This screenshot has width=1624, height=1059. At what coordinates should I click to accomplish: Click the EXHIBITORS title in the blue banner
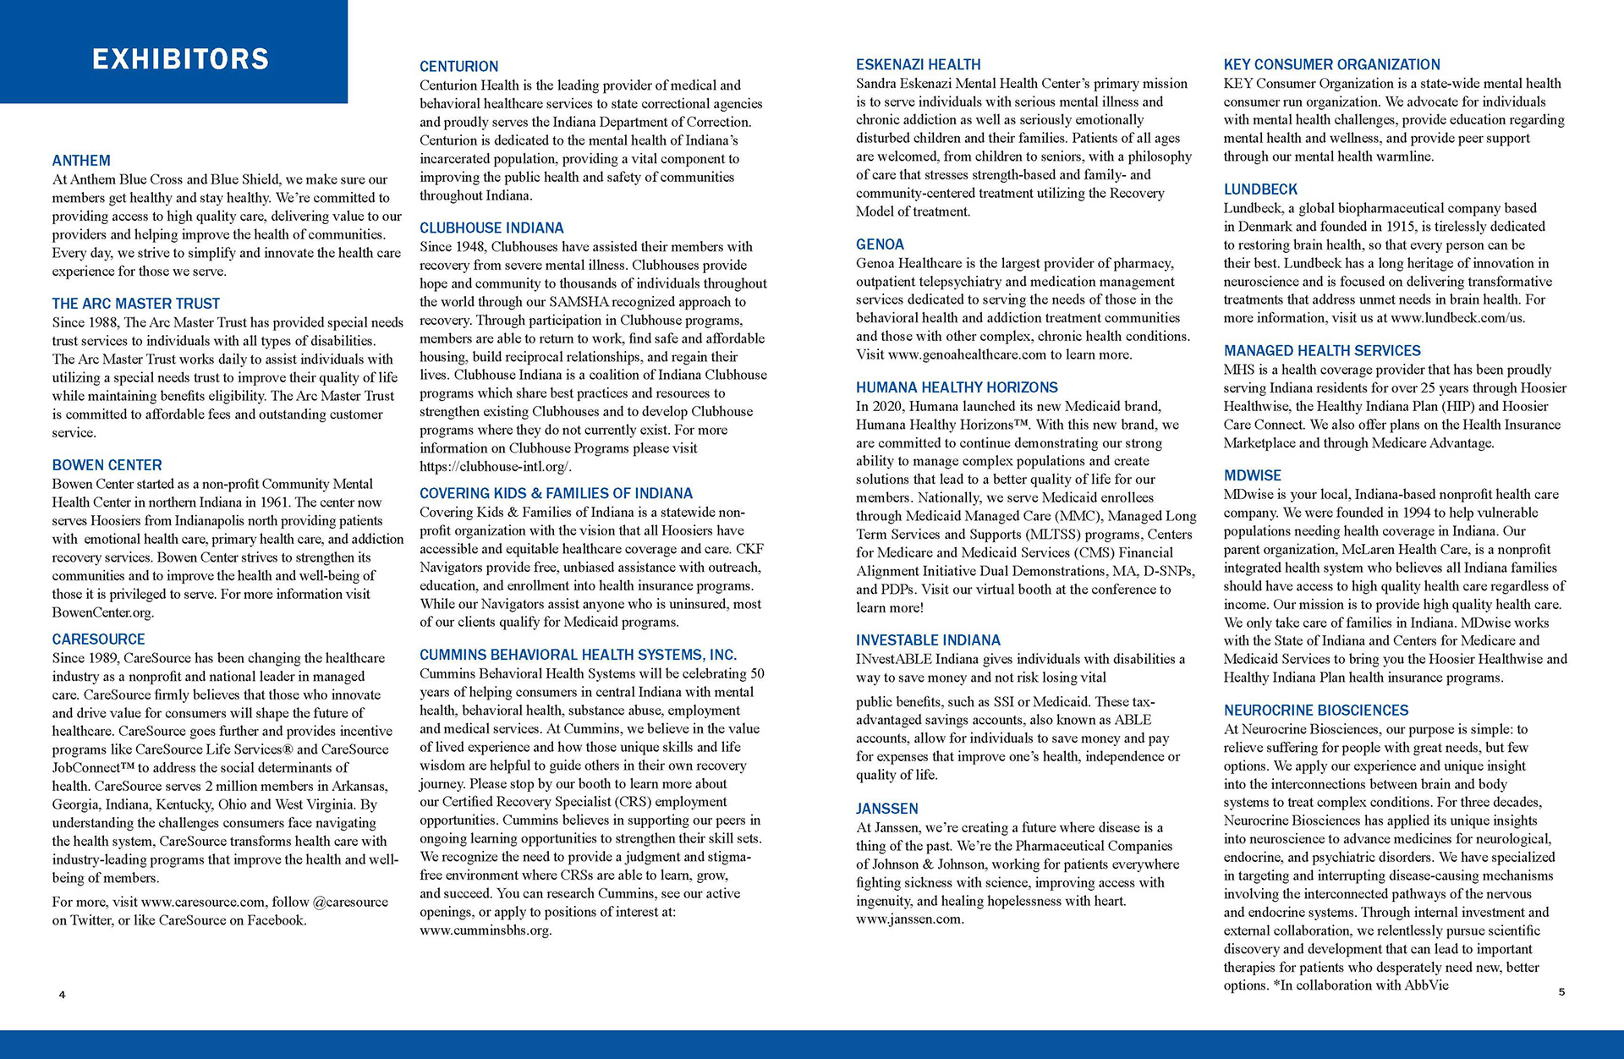click(x=180, y=58)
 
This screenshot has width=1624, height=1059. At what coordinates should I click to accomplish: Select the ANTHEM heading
click(x=81, y=161)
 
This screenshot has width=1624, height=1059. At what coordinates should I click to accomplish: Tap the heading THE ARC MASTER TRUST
click(x=135, y=304)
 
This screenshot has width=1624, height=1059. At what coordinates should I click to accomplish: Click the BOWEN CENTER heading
click(x=107, y=465)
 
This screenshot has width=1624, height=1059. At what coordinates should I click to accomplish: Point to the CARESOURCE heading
click(x=98, y=639)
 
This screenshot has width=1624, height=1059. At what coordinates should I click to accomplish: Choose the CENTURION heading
click(x=458, y=66)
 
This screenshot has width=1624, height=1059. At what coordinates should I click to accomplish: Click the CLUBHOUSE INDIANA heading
click(x=491, y=228)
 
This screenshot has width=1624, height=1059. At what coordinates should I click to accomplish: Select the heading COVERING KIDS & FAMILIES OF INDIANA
click(x=556, y=493)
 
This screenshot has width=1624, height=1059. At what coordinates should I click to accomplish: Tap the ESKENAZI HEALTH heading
click(x=918, y=64)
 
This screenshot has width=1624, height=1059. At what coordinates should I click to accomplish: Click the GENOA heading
click(x=880, y=244)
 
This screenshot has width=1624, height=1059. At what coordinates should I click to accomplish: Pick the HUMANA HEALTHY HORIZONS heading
click(x=957, y=387)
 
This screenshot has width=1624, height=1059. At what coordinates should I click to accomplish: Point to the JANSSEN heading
click(x=886, y=809)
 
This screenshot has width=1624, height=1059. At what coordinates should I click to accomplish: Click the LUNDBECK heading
click(x=1259, y=189)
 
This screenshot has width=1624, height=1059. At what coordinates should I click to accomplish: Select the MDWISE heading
click(x=1252, y=475)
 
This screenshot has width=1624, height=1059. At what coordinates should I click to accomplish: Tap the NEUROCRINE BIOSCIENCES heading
click(x=1315, y=711)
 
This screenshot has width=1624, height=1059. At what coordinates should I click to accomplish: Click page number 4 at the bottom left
click(x=62, y=995)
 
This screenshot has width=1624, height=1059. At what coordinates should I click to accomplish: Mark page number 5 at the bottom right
click(x=1561, y=992)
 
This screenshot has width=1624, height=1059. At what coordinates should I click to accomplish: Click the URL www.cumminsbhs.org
click(x=485, y=930)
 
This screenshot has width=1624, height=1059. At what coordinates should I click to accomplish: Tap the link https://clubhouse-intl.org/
click(x=495, y=467)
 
